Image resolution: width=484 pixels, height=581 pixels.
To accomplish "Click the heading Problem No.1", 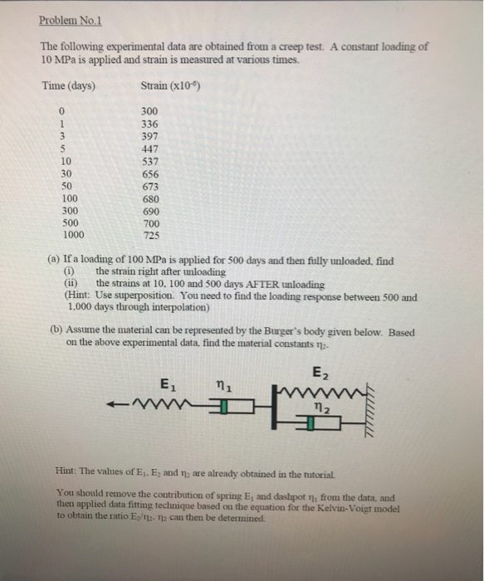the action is (x=76, y=22).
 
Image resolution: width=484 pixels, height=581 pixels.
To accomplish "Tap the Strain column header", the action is (x=171, y=86).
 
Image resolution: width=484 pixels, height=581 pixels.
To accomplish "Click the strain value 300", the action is (x=149, y=111).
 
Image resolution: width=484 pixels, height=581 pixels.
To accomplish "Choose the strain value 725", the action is (x=149, y=237).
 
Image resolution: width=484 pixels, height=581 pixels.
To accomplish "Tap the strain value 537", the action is (x=149, y=162).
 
